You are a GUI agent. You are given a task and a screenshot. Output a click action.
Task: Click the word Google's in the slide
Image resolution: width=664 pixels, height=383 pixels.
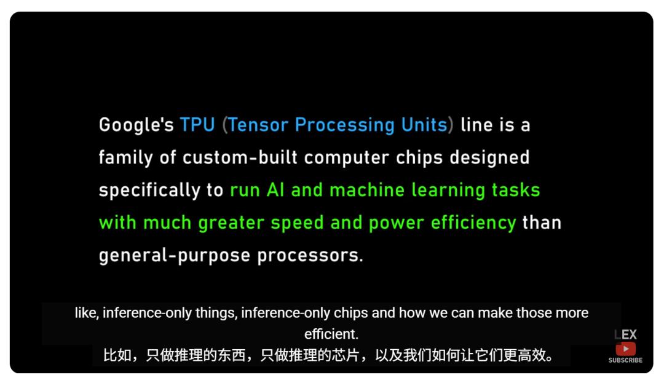pyautogui.click(x=136, y=125)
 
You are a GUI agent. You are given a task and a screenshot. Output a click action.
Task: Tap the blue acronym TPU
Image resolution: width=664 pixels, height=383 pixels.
pyautogui.click(x=198, y=125)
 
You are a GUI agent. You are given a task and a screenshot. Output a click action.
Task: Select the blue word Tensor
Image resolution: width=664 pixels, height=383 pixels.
pyautogui.click(x=258, y=125)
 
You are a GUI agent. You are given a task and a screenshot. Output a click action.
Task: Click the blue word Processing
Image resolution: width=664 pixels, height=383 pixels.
pyautogui.click(x=345, y=125)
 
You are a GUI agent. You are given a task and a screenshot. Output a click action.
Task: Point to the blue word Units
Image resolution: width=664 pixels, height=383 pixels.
pyautogui.click(x=424, y=125)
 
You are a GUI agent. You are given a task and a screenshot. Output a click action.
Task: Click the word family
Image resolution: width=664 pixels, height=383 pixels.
pyautogui.click(x=126, y=158)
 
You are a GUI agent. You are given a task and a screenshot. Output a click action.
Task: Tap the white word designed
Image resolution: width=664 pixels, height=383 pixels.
pyautogui.click(x=489, y=158)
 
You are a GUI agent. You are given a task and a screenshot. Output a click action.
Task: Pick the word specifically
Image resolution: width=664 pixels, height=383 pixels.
pyautogui.click(x=149, y=191)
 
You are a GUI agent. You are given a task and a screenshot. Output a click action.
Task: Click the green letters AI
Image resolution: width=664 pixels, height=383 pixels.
pyautogui.click(x=275, y=190)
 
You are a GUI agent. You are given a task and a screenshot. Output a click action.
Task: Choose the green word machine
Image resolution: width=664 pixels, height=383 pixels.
pyautogui.click(x=367, y=190)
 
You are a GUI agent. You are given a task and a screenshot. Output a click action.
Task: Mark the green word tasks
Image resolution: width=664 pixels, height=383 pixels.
pyautogui.click(x=516, y=190)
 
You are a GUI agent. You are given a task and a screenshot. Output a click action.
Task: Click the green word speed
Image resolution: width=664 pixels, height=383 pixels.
pyautogui.click(x=298, y=223)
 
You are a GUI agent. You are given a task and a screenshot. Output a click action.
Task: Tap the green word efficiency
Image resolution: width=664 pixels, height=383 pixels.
pyautogui.click(x=473, y=223)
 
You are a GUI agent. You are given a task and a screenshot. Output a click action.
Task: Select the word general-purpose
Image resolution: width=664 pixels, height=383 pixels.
pyautogui.click(x=175, y=256)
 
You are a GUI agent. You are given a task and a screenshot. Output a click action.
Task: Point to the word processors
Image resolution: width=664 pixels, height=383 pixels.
pyautogui.click(x=310, y=256)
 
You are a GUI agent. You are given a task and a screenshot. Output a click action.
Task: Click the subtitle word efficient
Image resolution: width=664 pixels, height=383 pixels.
pyautogui.click(x=331, y=334)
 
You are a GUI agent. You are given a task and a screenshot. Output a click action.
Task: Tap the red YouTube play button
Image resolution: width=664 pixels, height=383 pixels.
pyautogui.click(x=625, y=349)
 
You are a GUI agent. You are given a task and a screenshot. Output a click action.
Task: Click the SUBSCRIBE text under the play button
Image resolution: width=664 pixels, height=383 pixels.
pyautogui.click(x=625, y=360)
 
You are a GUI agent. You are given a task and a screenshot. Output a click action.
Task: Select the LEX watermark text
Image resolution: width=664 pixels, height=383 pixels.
pyautogui.click(x=625, y=335)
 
